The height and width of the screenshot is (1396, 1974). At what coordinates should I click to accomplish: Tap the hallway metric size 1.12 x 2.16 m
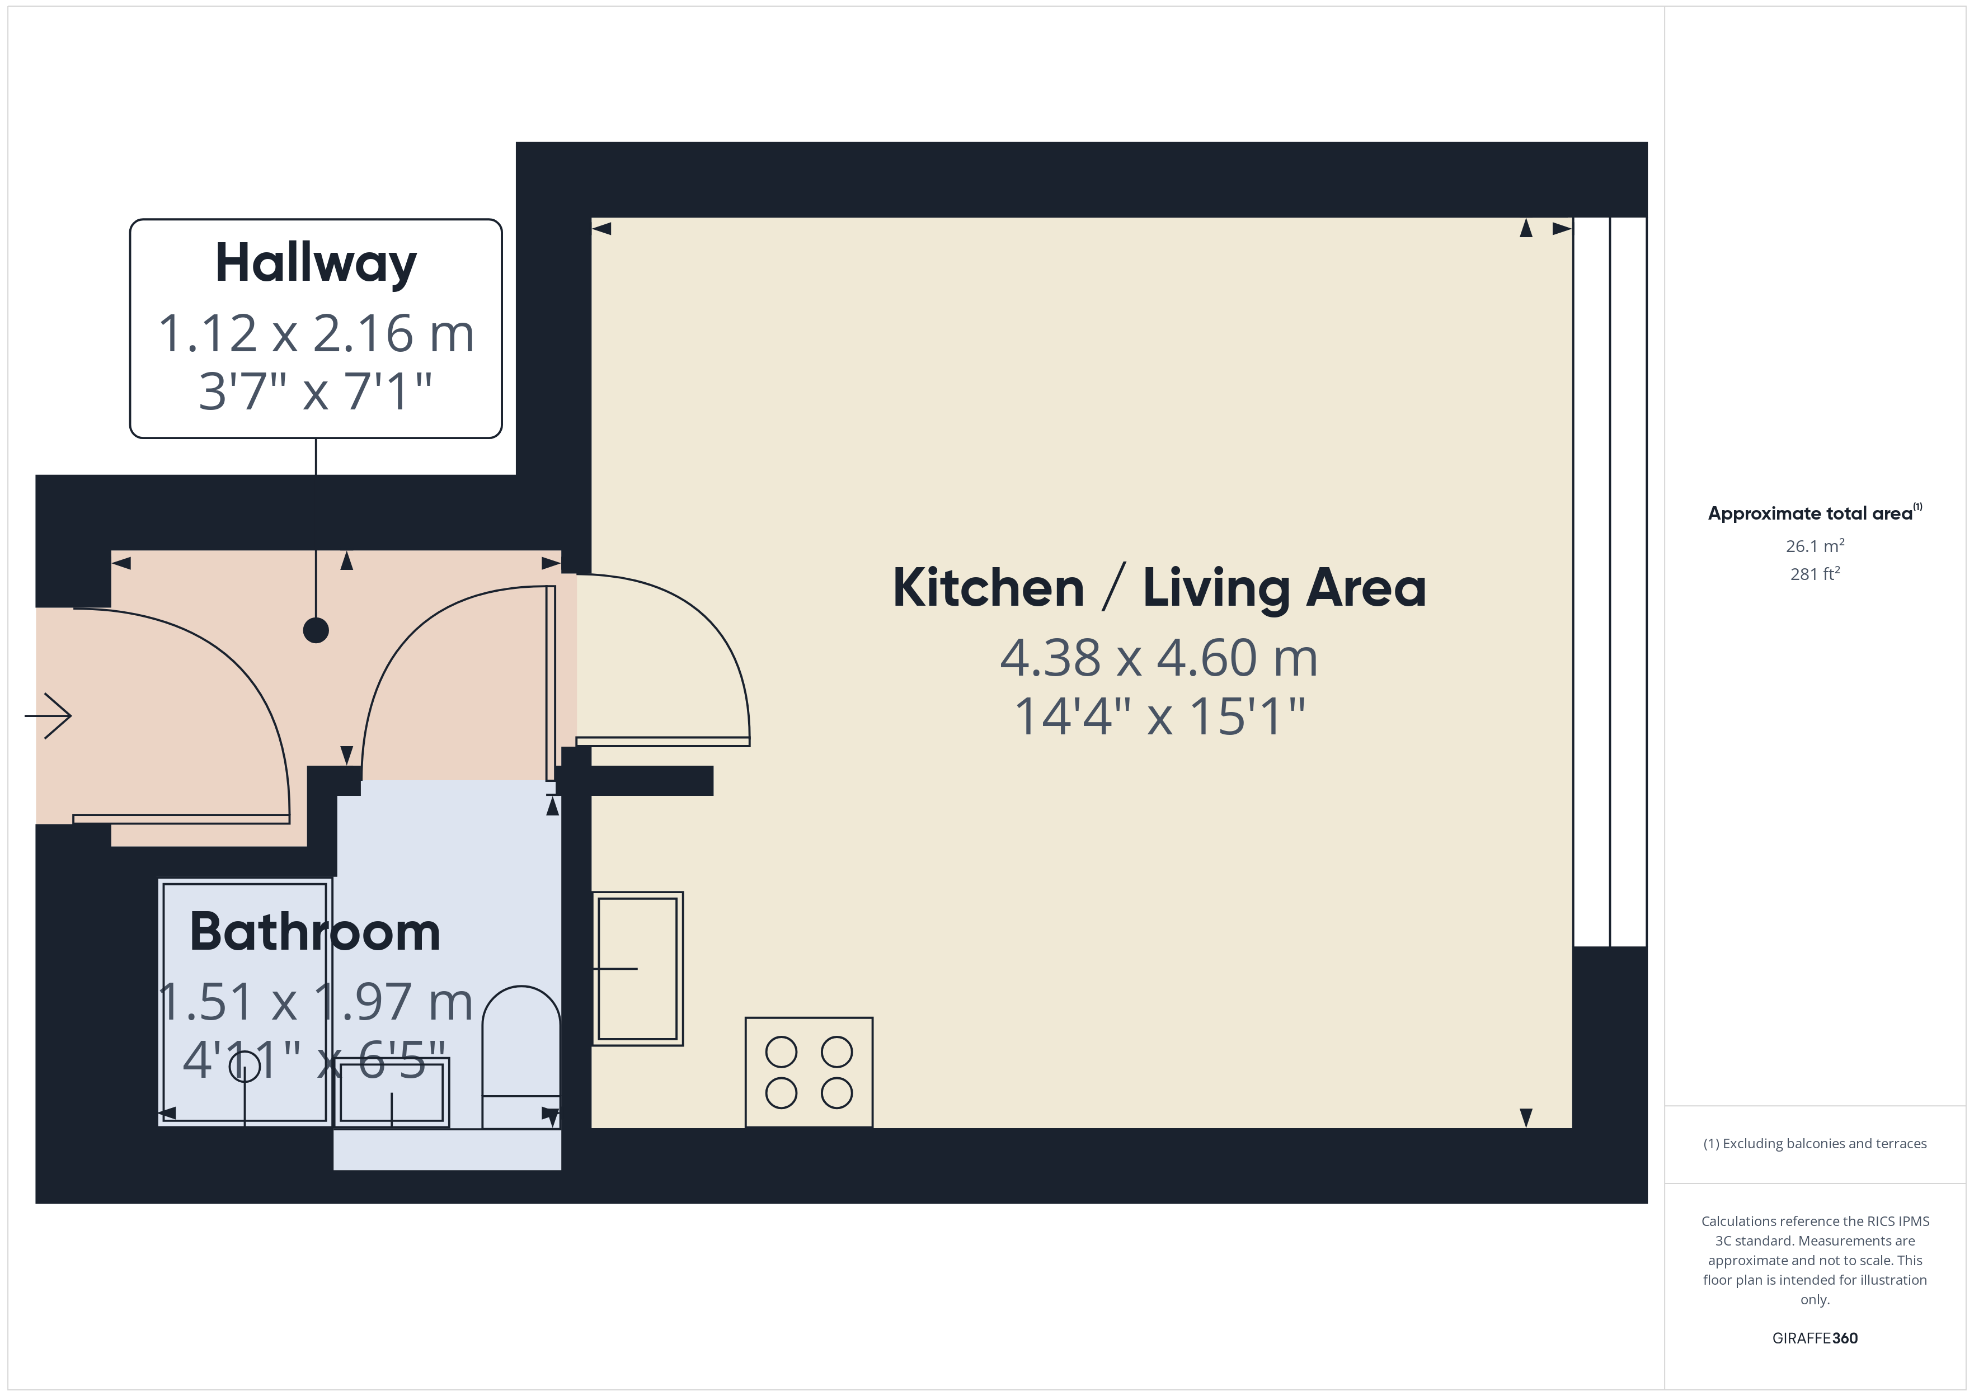coord(316,333)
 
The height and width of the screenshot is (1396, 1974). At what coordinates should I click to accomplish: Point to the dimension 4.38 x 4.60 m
coord(1159,658)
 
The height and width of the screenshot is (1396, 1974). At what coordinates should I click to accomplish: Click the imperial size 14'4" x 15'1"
coord(1159,716)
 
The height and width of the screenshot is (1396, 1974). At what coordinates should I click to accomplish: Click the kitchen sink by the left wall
coord(637,969)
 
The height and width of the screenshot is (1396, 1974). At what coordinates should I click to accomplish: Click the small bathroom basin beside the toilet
coord(392,1092)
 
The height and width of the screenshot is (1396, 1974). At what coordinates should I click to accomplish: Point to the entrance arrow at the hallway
coord(49,715)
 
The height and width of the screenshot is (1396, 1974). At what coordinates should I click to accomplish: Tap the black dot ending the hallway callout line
coord(316,630)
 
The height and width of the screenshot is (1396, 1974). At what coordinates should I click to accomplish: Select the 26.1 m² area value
coord(1814,546)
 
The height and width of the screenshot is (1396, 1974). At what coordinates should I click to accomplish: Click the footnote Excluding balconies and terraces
coord(1814,1143)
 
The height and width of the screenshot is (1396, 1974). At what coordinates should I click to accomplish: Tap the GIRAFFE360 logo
coord(1814,1338)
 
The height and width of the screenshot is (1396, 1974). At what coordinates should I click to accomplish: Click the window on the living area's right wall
coord(1609,582)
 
